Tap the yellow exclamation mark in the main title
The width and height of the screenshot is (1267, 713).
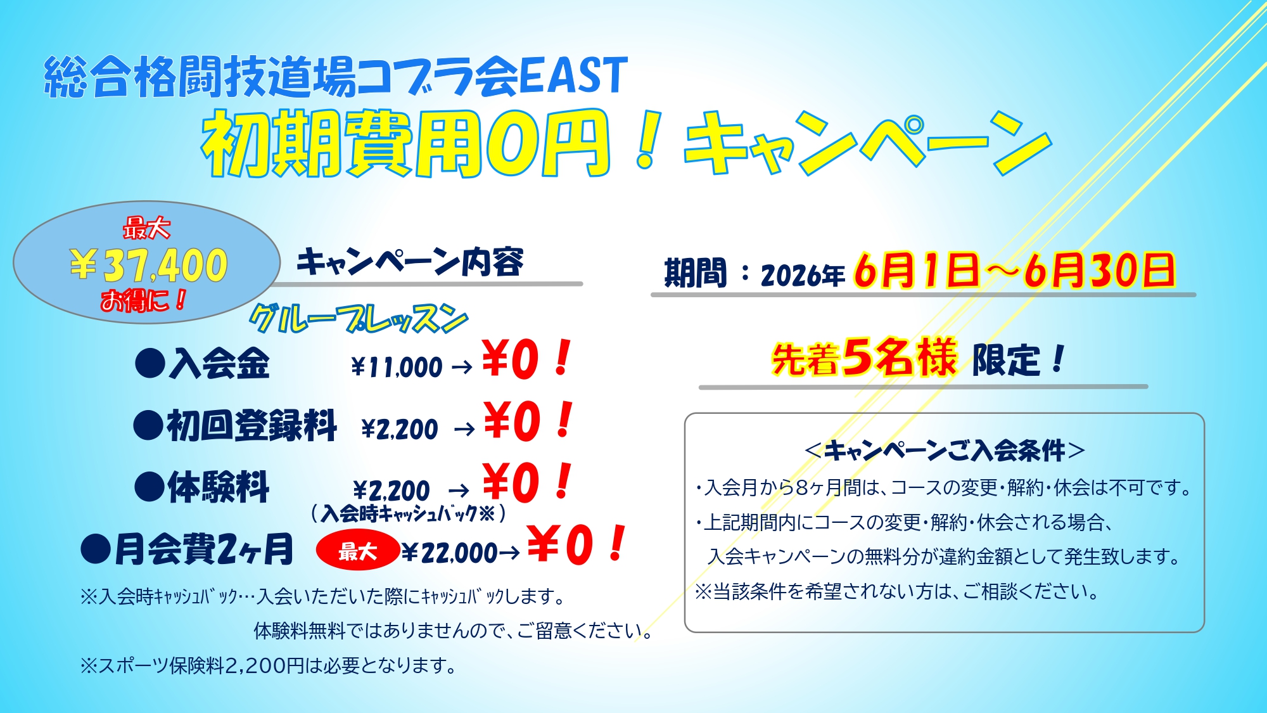(x=647, y=141)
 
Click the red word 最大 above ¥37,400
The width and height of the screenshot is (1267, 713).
(x=146, y=228)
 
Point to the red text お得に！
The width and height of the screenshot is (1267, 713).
(x=144, y=300)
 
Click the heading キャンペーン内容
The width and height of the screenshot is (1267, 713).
(x=410, y=261)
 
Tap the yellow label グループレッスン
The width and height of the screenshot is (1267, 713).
(x=359, y=319)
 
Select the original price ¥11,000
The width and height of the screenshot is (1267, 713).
(x=397, y=367)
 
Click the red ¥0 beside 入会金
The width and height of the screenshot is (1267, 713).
(x=511, y=359)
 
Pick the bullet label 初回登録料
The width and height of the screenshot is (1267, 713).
(x=251, y=425)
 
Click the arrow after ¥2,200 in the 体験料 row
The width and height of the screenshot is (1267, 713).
(x=459, y=491)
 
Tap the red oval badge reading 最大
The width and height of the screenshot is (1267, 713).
(x=358, y=551)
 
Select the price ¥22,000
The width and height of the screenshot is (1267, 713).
(x=450, y=553)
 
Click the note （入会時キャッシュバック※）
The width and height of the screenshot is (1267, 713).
(x=409, y=513)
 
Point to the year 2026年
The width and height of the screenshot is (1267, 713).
(x=803, y=275)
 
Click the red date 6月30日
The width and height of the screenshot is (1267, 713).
(x=1100, y=271)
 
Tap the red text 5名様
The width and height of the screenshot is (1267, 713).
(x=899, y=356)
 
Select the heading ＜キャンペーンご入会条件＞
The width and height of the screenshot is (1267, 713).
(x=944, y=451)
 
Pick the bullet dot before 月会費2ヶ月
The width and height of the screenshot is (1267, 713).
(x=96, y=549)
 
